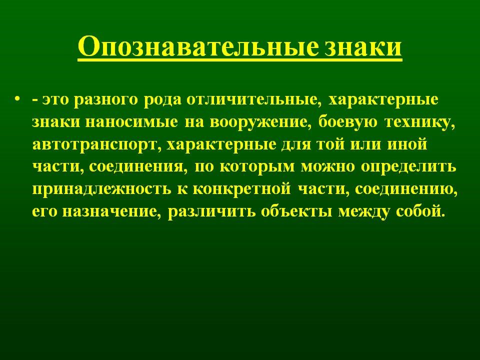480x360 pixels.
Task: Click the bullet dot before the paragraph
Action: (x=18, y=99)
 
